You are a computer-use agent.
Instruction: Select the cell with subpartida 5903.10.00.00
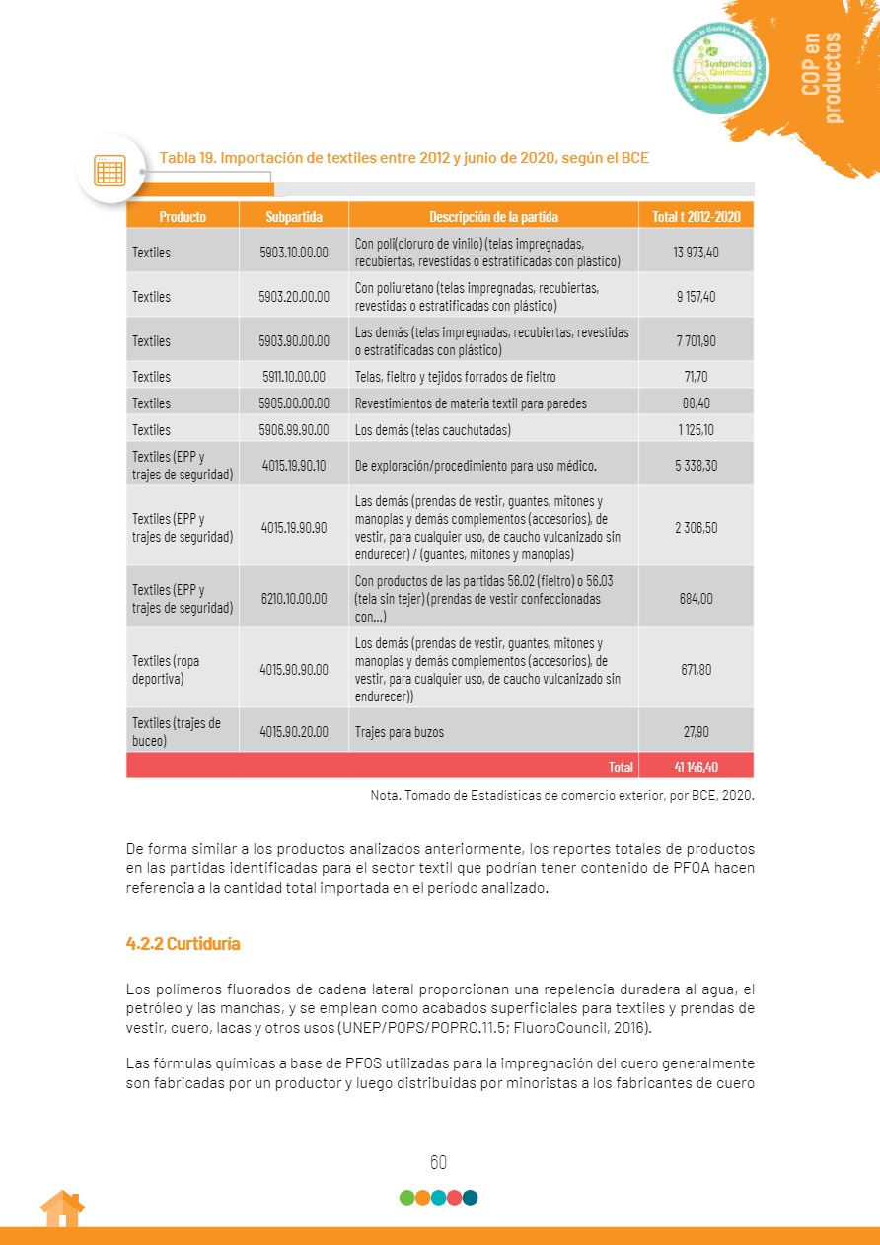tap(294, 253)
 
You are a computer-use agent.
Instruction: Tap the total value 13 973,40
tap(697, 253)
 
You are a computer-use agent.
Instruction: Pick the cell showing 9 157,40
tap(697, 297)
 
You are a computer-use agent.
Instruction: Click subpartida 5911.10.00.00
tap(294, 377)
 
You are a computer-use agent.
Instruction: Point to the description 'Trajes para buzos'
tap(400, 732)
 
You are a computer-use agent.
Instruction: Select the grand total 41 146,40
tap(697, 766)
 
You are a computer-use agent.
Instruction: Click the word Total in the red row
tap(621, 766)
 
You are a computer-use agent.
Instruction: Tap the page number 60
tap(439, 1162)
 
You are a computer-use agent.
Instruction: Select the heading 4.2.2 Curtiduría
tap(183, 944)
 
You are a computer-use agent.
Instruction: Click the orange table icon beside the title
tap(110, 170)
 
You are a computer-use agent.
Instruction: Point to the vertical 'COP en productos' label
tap(823, 77)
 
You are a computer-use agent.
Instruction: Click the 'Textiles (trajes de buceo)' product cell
tap(177, 732)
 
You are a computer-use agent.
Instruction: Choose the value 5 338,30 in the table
tap(697, 465)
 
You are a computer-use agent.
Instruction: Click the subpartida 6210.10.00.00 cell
tap(294, 599)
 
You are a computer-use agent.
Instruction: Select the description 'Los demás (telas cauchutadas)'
tap(433, 430)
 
